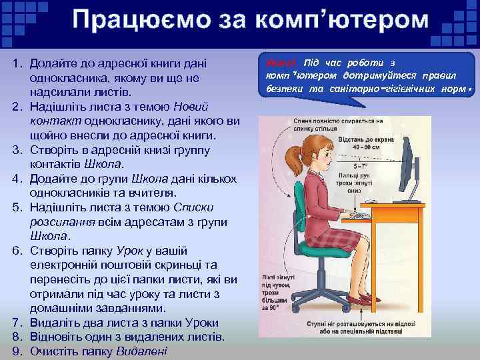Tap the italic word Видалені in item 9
tap(142, 350)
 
